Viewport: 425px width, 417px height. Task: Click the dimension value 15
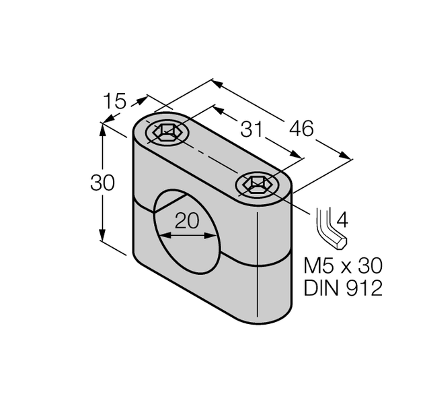click(x=115, y=102)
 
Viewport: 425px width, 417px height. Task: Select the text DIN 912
click(x=343, y=288)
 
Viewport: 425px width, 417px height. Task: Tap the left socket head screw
click(x=165, y=133)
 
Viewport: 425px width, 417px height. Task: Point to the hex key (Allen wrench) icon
click(x=330, y=230)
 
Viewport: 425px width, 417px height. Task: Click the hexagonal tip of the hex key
click(x=343, y=241)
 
